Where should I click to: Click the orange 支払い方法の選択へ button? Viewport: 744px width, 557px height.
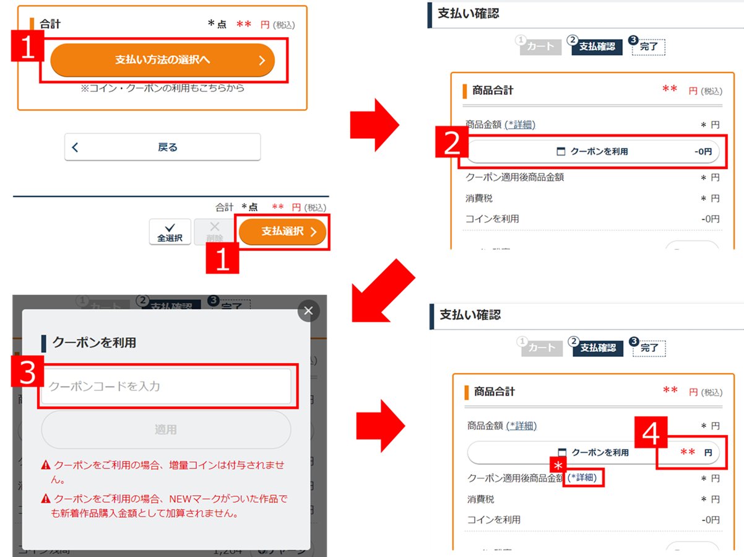pos(162,60)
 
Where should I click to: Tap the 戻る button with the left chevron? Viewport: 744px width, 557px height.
pos(162,147)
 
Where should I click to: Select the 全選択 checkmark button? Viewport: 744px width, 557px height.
pos(170,232)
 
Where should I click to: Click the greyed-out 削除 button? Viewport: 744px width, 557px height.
pos(214,232)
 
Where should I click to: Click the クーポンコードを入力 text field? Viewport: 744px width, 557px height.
pos(166,386)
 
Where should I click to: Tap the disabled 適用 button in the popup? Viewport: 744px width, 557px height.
pos(166,429)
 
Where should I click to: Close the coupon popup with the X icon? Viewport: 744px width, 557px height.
pos(308,310)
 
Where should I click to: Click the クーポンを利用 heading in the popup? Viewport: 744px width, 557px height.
pos(94,343)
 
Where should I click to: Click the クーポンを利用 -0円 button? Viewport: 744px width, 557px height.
pos(592,151)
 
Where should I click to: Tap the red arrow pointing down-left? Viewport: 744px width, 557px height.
pos(382,289)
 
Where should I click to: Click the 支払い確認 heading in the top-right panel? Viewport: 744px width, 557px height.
pos(468,14)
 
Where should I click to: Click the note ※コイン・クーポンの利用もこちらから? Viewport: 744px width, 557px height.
pos(162,88)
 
